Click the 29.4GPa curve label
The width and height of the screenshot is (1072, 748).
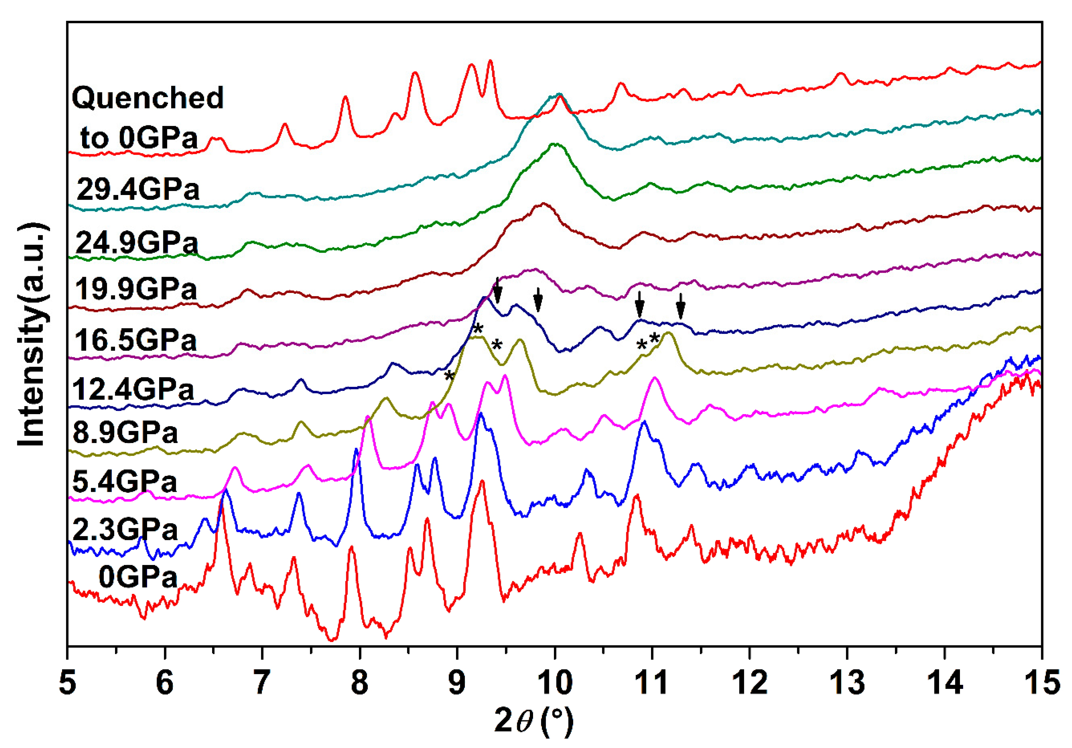pos(138,189)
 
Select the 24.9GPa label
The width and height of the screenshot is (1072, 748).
pos(137,243)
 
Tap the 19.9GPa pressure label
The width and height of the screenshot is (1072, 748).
pos(136,289)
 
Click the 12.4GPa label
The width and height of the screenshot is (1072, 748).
pos(133,389)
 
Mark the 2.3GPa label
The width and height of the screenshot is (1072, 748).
pos(125,529)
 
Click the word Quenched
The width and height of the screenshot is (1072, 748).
pos(148,98)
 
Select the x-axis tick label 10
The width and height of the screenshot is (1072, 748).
pos(555,683)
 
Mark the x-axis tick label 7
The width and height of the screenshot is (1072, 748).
pos(262,683)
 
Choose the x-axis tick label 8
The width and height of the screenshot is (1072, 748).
pos(359,683)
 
